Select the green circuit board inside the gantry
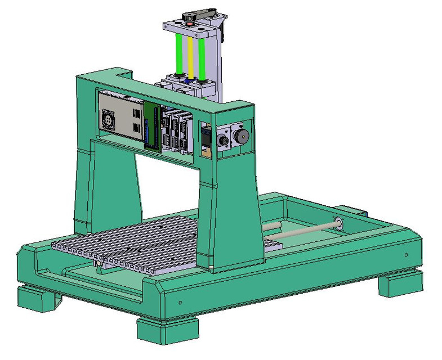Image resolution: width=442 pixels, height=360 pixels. (150, 127)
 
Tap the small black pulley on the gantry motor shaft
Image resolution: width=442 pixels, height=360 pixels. (224, 139)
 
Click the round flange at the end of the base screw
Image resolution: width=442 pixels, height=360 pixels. (339, 223)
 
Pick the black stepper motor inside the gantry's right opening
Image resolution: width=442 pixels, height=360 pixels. (206, 138)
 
